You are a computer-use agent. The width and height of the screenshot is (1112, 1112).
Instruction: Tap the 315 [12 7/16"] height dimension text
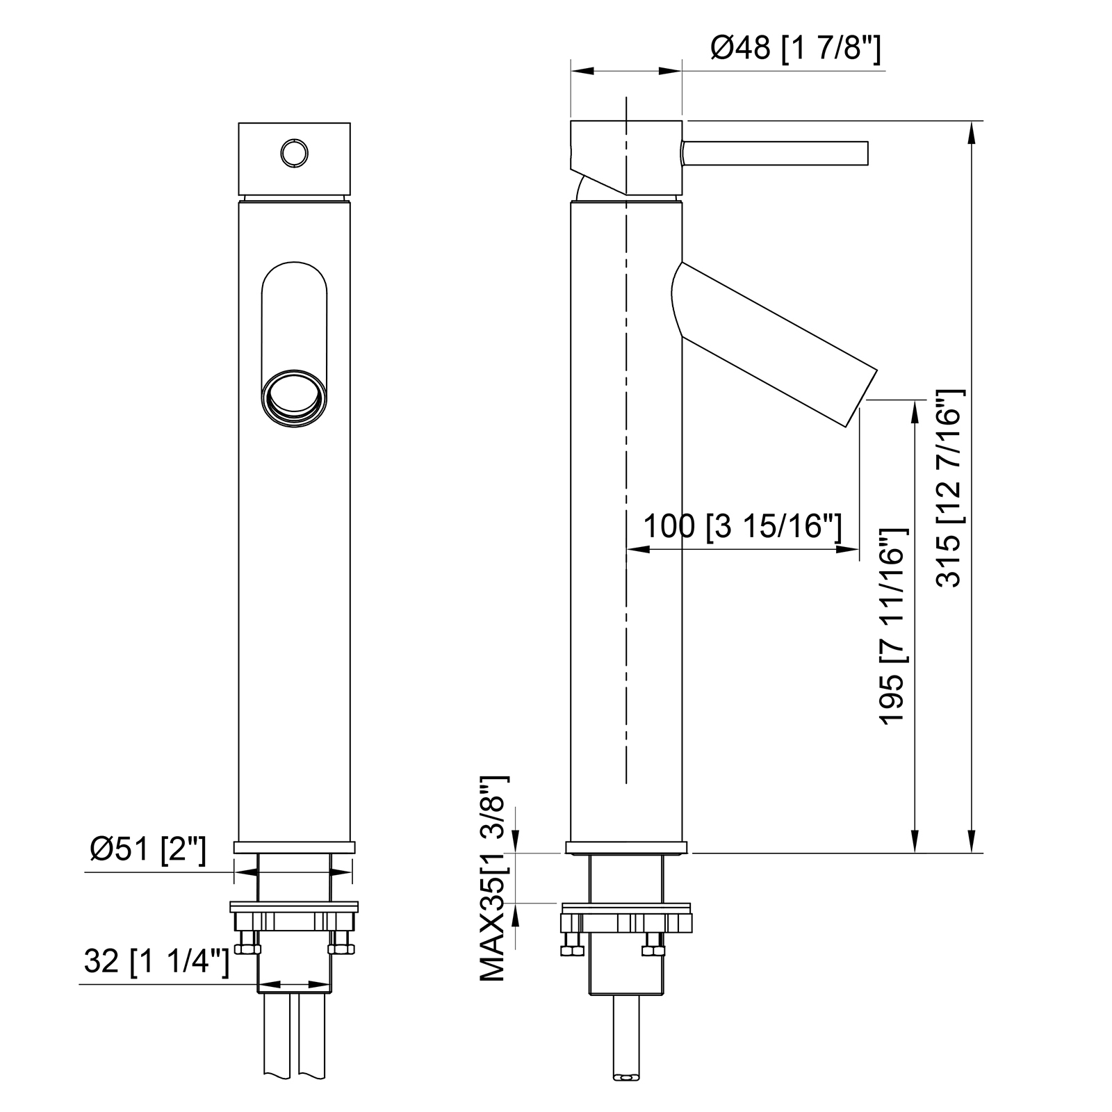(x=949, y=489)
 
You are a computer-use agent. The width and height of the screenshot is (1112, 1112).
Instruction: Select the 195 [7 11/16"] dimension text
(x=894, y=626)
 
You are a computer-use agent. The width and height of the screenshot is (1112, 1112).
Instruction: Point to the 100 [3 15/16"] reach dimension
(x=742, y=527)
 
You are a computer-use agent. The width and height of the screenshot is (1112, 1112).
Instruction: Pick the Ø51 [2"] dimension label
(x=148, y=849)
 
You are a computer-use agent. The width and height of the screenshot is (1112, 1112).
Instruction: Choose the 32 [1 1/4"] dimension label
(x=156, y=963)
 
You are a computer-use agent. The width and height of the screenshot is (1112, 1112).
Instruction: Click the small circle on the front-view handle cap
(x=294, y=152)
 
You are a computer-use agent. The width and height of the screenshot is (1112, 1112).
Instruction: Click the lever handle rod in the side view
(x=776, y=154)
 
